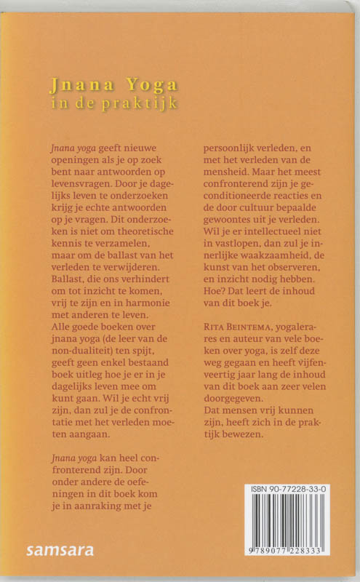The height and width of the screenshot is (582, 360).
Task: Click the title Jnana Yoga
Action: tap(113, 86)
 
